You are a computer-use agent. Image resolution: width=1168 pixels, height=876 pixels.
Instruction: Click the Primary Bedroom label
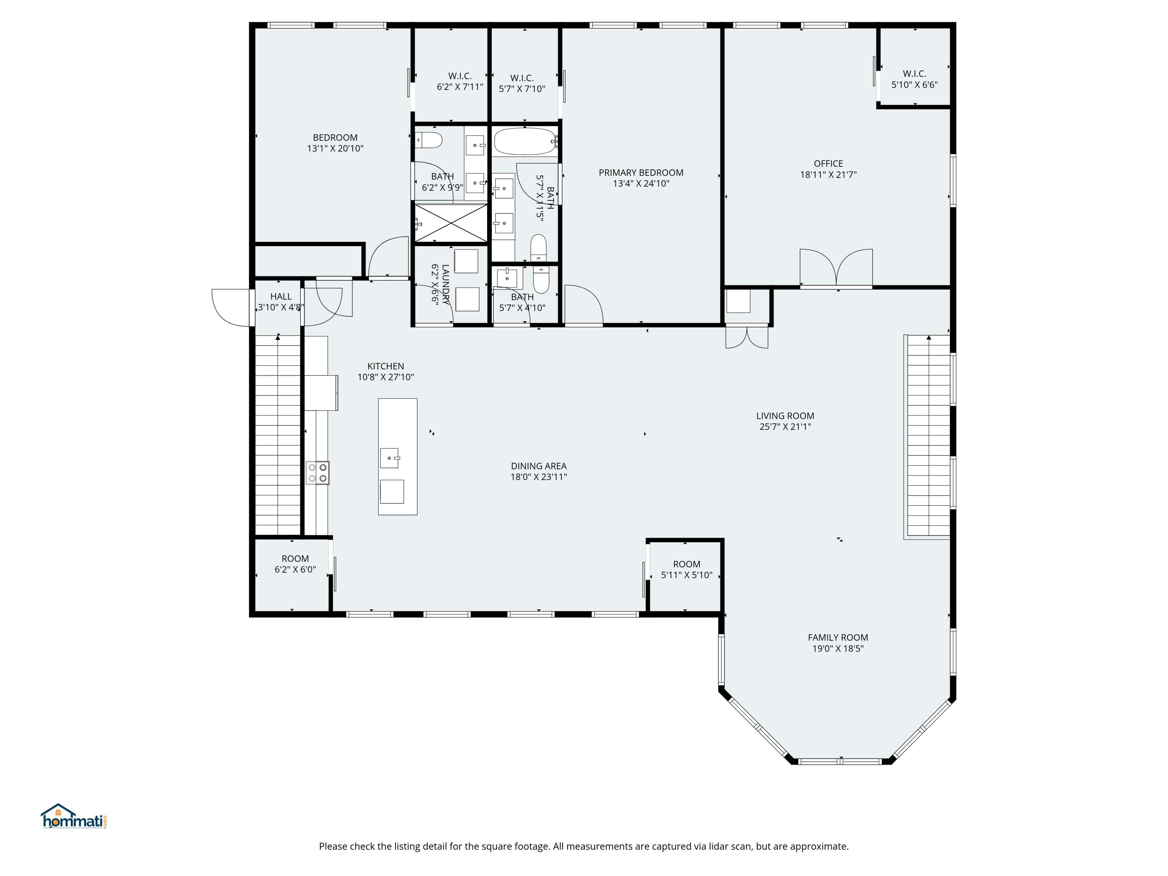tap(641, 172)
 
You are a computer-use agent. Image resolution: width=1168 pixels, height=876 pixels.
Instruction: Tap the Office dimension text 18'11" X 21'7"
tap(828, 175)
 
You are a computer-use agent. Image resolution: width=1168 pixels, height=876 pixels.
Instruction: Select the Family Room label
tap(838, 637)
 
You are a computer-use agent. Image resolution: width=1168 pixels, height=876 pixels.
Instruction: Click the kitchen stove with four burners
tap(317, 473)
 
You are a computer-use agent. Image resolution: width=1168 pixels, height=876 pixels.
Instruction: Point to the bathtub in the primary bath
tap(525, 141)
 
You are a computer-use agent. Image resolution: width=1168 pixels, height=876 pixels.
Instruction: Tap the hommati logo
tap(74, 816)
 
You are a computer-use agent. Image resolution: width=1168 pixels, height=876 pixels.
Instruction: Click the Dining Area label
tap(538, 466)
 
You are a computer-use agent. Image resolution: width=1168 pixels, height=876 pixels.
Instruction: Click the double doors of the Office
tap(836, 268)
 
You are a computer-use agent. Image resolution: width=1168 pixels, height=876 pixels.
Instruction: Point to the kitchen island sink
tap(390, 458)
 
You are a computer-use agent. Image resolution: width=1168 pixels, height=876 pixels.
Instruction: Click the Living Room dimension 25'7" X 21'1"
tap(785, 427)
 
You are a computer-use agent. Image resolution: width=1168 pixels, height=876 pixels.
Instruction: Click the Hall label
tap(281, 297)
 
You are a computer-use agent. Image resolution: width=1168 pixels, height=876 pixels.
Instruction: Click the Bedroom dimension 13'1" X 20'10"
tap(335, 148)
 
